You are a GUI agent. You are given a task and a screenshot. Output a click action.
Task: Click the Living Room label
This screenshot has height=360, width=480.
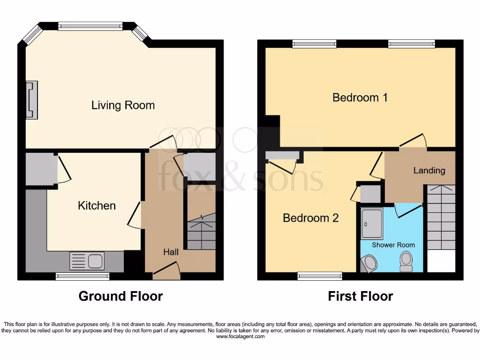123,105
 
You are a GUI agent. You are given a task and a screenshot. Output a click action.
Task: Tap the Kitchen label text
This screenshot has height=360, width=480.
97,205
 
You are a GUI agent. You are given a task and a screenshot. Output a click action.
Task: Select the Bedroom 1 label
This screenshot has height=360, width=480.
360,97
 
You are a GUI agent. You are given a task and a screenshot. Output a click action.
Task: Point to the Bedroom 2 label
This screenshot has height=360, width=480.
310,218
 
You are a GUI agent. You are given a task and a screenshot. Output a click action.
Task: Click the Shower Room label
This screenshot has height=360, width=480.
393,245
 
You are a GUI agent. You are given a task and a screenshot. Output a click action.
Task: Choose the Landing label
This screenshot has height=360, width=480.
429,171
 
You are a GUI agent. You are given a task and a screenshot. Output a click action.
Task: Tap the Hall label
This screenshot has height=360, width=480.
171,252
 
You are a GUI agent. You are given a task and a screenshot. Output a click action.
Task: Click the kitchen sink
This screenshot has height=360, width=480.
87,261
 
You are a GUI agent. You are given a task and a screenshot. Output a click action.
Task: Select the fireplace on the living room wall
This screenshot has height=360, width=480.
31,100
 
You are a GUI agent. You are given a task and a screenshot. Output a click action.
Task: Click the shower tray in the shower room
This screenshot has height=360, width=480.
372,224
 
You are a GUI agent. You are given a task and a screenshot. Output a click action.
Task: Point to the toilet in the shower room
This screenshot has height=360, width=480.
406,261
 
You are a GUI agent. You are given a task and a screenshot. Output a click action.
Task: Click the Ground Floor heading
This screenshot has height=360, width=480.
120,296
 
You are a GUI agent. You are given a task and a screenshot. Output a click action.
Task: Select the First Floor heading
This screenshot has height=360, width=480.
360,296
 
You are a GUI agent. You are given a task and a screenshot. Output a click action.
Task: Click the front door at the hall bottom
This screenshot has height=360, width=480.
167,271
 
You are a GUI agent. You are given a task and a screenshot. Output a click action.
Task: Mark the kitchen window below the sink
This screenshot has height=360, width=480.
82,277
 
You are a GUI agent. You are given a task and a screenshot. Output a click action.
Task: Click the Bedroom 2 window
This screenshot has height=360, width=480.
320,277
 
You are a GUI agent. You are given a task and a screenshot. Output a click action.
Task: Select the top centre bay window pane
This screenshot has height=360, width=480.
90,26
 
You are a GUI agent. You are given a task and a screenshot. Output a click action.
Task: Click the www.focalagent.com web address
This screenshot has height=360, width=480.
239,337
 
